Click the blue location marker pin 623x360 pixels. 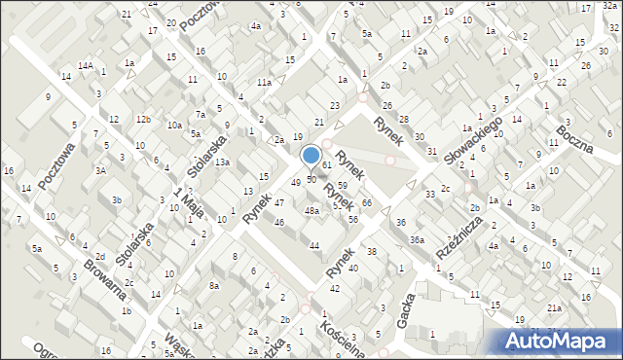pyautogui.click(x=311, y=156)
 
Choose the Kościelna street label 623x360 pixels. pyautogui.click(x=347, y=341)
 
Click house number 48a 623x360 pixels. pyautogui.click(x=311, y=210)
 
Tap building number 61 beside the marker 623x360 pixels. pyautogui.click(x=328, y=166)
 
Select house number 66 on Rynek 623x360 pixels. pyautogui.click(x=367, y=202)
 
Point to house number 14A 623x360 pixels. pyautogui.click(x=86, y=65)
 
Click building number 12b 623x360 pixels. pyautogui.click(x=143, y=119)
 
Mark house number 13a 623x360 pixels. pyautogui.click(x=222, y=162)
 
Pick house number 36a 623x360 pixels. pyautogui.click(x=417, y=239)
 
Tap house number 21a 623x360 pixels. pyautogui.click(x=554, y=307)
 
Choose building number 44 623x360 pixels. pyautogui.click(x=314, y=245)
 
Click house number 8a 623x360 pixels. pyautogui.click(x=213, y=286)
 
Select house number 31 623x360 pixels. pyautogui.click(x=431, y=152)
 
